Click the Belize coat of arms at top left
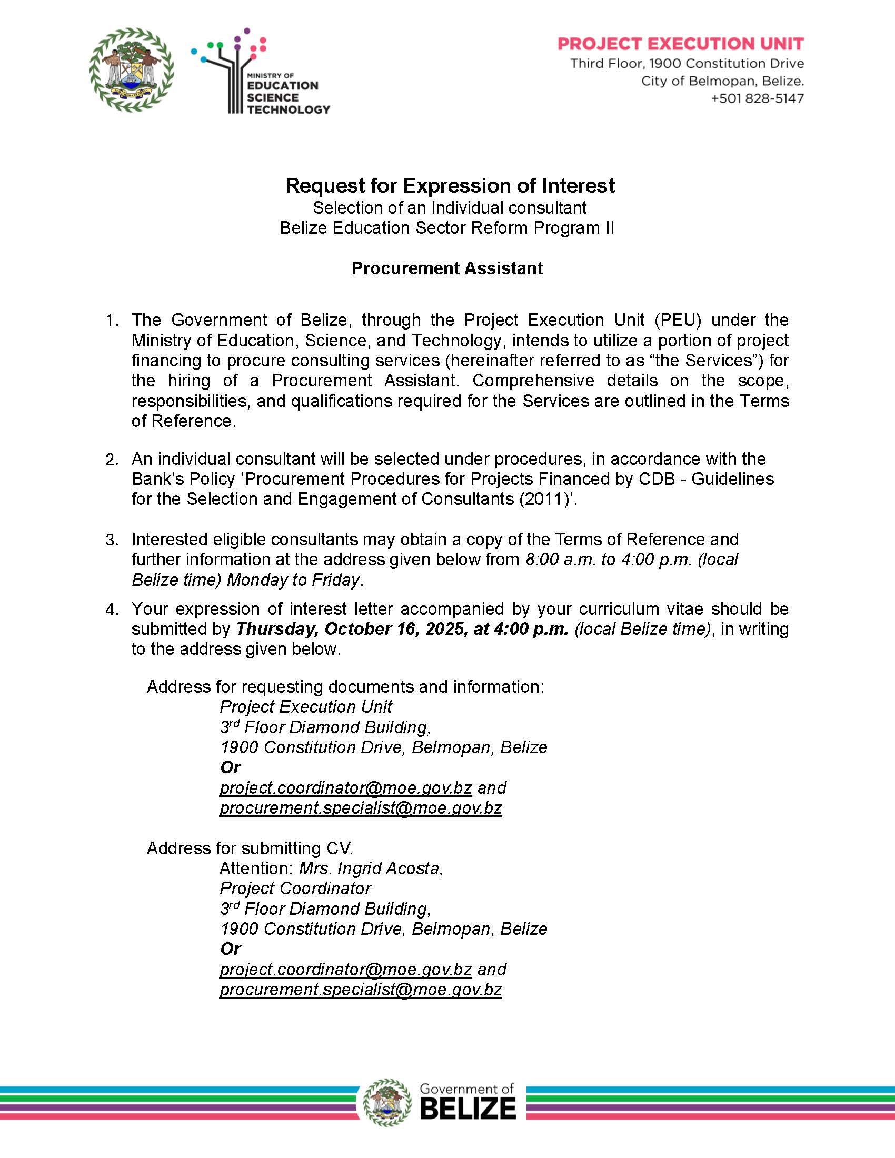tap(131, 70)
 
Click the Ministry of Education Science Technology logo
tap(260, 72)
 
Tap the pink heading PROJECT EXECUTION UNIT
tap(680, 44)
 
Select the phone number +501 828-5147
tap(757, 98)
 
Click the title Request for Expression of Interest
tap(450, 186)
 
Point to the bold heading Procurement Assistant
tap(447, 268)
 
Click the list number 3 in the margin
tap(111, 540)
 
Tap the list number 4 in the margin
tap(111, 609)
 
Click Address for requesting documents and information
tap(345, 686)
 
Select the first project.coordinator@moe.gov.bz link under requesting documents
tap(346, 788)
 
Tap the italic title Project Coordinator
tap(295, 888)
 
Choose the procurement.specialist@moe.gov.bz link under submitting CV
tap(361, 990)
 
